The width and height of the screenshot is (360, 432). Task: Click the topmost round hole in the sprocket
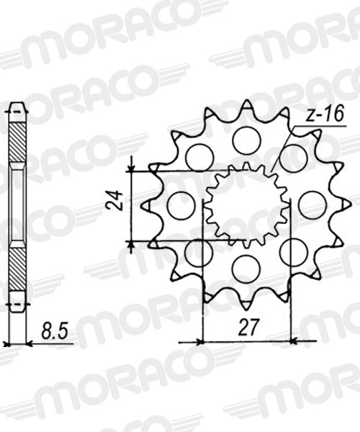[247, 139]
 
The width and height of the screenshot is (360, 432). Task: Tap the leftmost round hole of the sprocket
[181, 205]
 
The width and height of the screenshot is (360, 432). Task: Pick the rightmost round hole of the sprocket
[312, 205]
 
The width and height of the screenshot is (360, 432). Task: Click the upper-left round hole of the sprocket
[199, 158]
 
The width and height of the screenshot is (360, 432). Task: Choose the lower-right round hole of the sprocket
[293, 252]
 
